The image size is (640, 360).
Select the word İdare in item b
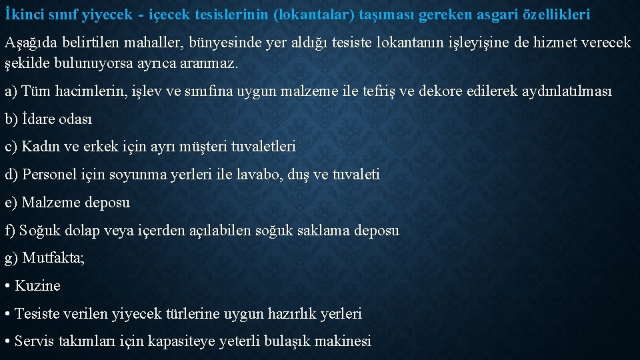(x=41, y=119)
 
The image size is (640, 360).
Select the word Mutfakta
(x=53, y=258)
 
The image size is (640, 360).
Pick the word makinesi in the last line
(x=341, y=341)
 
